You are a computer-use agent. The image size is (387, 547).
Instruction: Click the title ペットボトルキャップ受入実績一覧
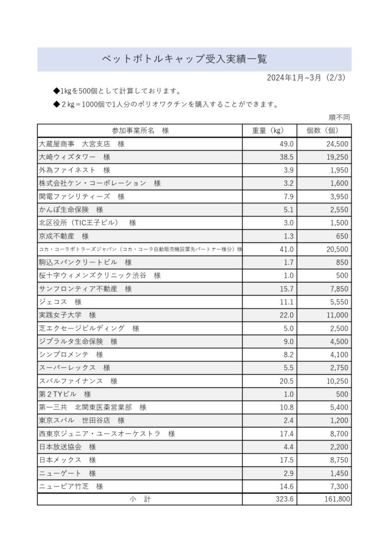tap(184, 59)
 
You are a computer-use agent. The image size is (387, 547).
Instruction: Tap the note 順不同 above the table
tap(339, 118)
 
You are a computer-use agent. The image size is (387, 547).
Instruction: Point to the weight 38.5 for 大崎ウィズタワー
tap(287, 157)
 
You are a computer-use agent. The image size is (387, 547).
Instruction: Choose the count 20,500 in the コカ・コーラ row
tap(337, 249)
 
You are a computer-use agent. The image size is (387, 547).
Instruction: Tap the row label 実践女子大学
tap(67, 315)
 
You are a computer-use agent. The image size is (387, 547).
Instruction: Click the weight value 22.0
tap(287, 315)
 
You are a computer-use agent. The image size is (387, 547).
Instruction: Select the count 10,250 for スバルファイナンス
tap(337, 381)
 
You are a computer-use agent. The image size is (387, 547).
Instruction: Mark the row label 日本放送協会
tap(67, 447)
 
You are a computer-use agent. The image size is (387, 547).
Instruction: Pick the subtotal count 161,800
tap(335, 499)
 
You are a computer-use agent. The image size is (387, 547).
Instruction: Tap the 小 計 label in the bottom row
tap(140, 499)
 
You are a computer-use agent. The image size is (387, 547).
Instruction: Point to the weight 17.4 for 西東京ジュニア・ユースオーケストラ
tap(287, 434)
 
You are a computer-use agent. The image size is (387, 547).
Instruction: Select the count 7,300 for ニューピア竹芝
tap(338, 486)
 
